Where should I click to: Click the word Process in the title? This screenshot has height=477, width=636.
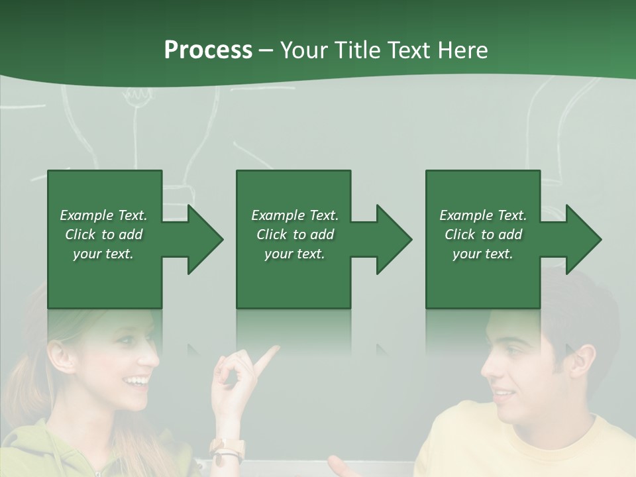pos(208,50)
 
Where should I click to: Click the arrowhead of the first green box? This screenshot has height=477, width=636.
pos(205,239)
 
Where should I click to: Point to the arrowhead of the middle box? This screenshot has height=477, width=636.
pos(394,239)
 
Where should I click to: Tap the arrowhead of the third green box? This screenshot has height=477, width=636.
pos(583,239)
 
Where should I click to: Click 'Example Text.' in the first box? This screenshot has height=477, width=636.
pos(103,215)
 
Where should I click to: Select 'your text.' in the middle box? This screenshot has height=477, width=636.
pos(294,254)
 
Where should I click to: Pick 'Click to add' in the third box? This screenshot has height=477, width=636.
pos(483,235)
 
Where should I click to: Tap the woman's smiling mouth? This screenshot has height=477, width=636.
pos(137,382)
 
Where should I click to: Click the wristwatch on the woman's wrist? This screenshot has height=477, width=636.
pos(228,450)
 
